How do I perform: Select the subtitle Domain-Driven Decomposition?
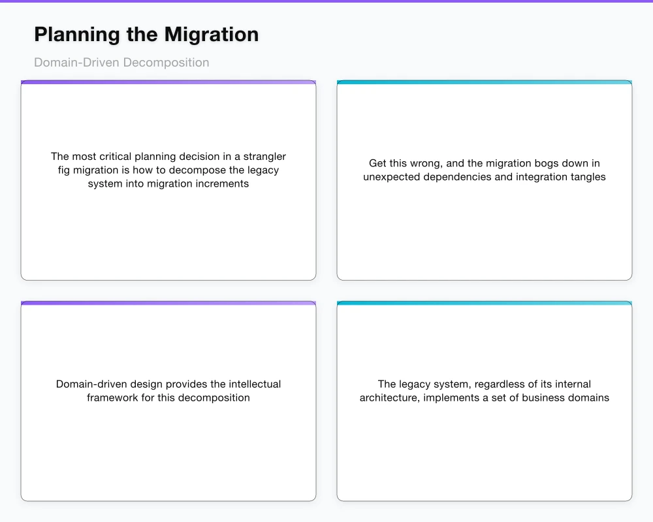click(x=121, y=63)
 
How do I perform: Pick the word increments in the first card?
click(x=219, y=184)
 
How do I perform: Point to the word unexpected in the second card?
click(x=392, y=177)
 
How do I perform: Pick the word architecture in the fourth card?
click(x=389, y=398)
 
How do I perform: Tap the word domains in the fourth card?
click(x=589, y=398)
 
